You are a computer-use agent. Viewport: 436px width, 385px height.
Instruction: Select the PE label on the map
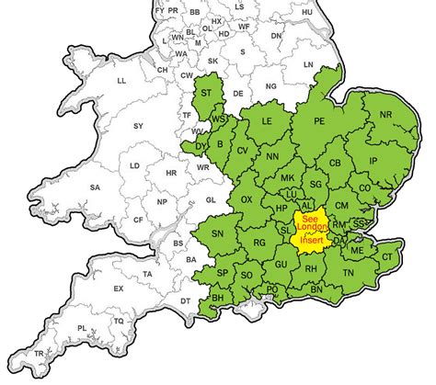pyautogui.click(x=321, y=120)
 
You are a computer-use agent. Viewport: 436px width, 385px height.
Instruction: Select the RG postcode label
pyautogui.click(x=259, y=243)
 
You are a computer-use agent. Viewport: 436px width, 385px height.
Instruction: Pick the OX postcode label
pyautogui.click(x=247, y=199)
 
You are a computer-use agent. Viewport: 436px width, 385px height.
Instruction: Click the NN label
pyautogui.click(x=272, y=157)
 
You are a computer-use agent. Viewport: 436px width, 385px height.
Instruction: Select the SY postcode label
pyautogui.click(x=139, y=125)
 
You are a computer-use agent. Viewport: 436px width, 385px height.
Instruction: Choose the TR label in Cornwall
pyautogui.click(x=38, y=354)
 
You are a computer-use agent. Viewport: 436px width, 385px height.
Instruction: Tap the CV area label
pyautogui.click(x=243, y=150)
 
